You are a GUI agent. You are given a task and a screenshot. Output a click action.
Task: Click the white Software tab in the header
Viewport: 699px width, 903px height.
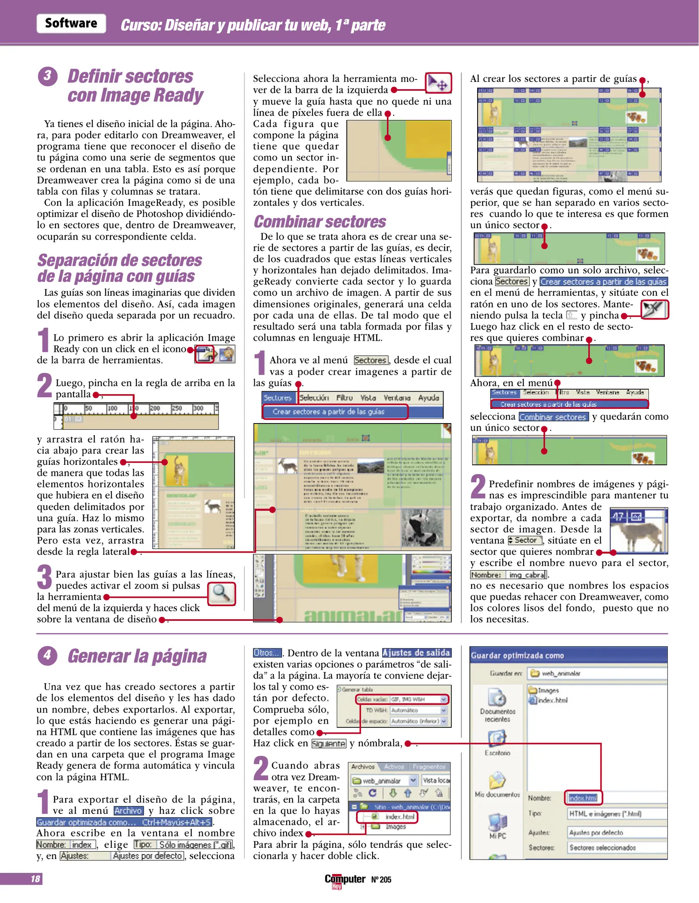[71, 23]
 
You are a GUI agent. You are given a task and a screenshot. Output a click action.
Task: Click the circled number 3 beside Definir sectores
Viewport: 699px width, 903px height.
[47, 76]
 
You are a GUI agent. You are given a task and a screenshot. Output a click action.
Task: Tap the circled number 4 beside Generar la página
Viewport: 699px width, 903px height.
[47, 655]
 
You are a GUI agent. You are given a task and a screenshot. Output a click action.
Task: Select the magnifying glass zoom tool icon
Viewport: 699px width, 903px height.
[221, 594]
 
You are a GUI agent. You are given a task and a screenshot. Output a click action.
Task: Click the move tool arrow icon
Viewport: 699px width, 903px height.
[438, 83]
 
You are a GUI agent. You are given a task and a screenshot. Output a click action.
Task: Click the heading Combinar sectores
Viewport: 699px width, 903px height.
[320, 222]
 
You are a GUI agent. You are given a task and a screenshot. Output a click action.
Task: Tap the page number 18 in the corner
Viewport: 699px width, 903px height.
[35, 878]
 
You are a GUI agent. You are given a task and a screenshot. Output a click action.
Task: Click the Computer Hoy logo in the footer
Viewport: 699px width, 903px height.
[345, 880]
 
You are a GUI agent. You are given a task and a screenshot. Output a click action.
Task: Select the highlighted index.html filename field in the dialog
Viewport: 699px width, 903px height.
[583, 798]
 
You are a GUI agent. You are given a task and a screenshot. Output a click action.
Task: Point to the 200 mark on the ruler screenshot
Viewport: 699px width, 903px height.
[155, 408]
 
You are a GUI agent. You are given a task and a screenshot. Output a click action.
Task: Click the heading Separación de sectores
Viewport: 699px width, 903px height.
[119, 260]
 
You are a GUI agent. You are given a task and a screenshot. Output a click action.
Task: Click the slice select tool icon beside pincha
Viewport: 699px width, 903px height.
[654, 310]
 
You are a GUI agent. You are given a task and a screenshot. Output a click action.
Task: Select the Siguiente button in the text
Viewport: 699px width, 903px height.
[329, 744]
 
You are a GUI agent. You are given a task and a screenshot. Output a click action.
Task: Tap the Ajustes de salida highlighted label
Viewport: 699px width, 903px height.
[416, 653]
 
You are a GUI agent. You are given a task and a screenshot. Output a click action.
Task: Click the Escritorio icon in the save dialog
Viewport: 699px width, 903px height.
[497, 739]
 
